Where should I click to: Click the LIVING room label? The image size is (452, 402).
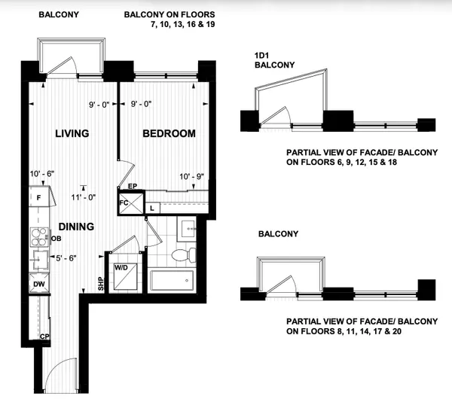click(72, 134)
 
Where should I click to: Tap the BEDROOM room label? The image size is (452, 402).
click(169, 134)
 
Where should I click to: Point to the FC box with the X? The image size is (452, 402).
click(128, 203)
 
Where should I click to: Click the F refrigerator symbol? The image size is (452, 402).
click(38, 198)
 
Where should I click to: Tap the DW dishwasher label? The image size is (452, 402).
click(37, 285)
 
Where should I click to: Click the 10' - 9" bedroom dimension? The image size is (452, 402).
click(193, 177)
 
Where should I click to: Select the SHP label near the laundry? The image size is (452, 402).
click(99, 284)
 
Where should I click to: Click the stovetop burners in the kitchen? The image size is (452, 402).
click(37, 238)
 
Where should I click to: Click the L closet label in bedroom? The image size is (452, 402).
click(151, 206)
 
